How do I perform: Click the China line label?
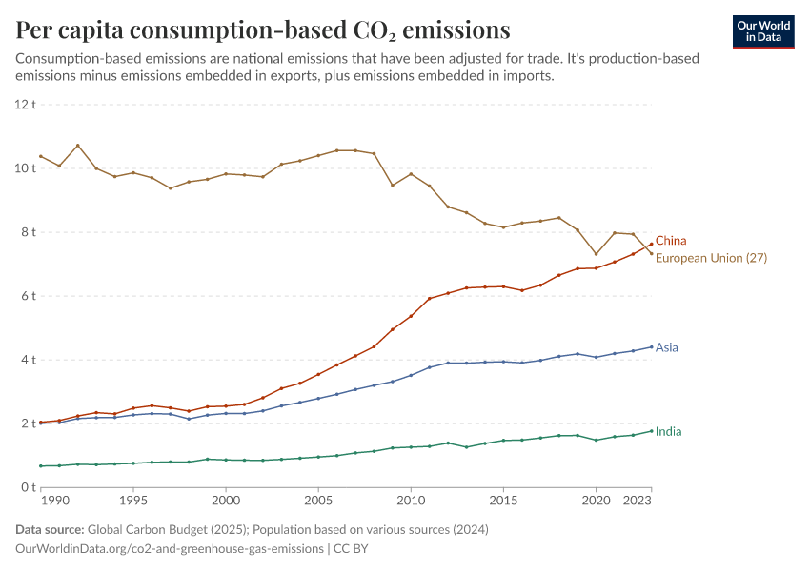[671, 241]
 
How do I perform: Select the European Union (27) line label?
[711, 258]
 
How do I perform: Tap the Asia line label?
[667, 347]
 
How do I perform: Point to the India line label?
[668, 432]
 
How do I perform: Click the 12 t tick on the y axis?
[26, 104]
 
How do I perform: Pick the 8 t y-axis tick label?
[29, 232]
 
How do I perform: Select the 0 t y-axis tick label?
[29, 487]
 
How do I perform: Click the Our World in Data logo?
[763, 31]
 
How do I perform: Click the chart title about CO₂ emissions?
[262, 30]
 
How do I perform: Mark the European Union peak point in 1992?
[78, 146]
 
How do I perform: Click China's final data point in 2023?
[651, 244]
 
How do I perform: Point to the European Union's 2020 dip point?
[596, 254]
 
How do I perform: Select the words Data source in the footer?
[50, 529]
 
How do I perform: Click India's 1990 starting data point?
[41, 465]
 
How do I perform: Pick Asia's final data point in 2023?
[651, 346]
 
